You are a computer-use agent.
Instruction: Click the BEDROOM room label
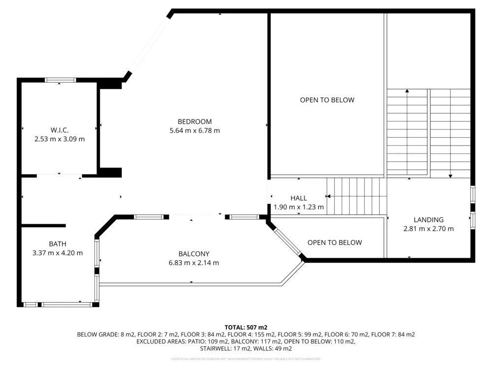pos(194,122)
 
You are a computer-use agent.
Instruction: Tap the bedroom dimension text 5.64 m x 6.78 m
pos(194,131)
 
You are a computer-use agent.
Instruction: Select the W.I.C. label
pos(59,130)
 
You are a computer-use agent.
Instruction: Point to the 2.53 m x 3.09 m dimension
pos(59,139)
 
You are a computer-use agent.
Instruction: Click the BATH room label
pos(58,244)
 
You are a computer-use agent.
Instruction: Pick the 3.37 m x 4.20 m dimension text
pos(58,253)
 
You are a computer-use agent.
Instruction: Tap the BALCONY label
pos(194,254)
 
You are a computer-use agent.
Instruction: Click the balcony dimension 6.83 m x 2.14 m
pos(194,263)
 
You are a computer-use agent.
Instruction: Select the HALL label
pos(299,198)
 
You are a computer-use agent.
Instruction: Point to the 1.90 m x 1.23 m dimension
pos(299,207)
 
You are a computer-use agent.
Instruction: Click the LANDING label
pos(429,220)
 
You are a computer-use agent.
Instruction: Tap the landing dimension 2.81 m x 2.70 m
pos(429,229)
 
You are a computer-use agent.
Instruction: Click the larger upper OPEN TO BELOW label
pos(327,100)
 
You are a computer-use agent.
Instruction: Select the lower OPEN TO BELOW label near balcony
pos(335,243)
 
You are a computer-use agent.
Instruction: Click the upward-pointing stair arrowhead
pos(407,91)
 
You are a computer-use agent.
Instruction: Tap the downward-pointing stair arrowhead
pos(450,175)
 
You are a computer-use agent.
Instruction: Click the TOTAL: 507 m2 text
pos(246,327)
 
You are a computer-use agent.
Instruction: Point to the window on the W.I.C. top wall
pos(60,80)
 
